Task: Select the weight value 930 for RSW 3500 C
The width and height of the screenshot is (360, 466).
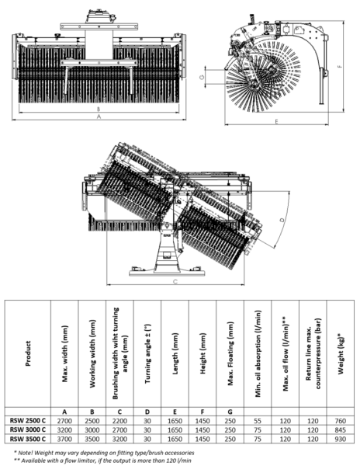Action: click(x=340, y=438)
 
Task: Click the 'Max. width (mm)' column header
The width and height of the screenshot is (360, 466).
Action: click(x=64, y=353)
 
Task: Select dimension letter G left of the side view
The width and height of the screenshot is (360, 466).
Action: click(x=200, y=78)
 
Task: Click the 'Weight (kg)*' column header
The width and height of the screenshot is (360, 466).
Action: click(x=340, y=353)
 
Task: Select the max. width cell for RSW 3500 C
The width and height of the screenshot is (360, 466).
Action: click(x=64, y=438)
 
